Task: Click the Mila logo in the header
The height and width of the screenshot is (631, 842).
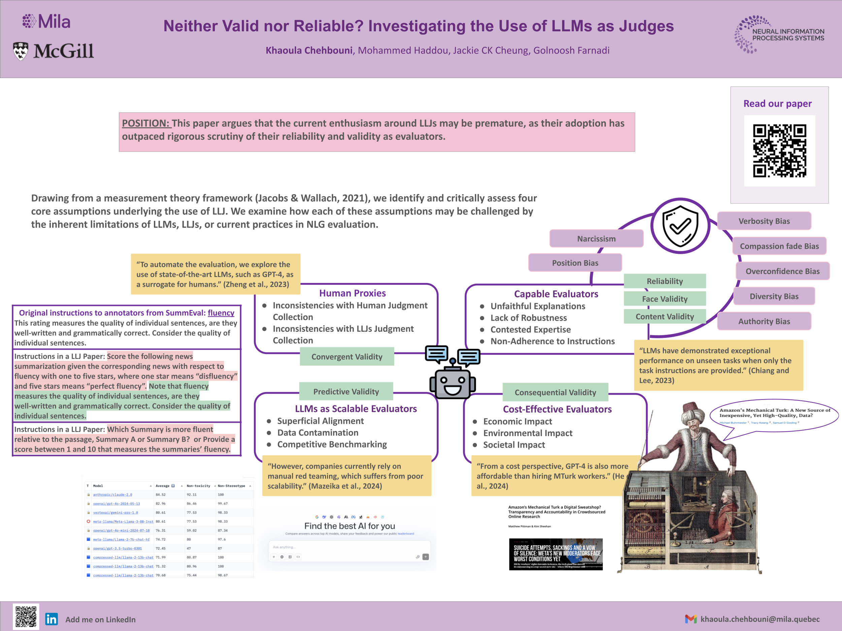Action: (x=46, y=22)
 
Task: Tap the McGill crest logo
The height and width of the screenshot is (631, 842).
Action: (x=21, y=51)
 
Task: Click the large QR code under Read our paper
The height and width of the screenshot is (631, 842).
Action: (x=779, y=151)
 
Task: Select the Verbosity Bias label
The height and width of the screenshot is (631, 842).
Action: (x=764, y=221)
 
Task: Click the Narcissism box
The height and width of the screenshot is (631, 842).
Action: (x=596, y=239)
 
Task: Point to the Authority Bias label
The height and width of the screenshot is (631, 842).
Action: (x=764, y=321)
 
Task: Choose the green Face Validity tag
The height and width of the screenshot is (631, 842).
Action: (x=664, y=299)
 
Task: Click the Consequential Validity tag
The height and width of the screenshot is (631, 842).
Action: (x=555, y=392)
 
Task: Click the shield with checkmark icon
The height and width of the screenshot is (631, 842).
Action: (x=680, y=226)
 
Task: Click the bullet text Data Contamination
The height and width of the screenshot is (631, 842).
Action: (x=318, y=433)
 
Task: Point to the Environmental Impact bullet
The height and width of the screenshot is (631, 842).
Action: (x=527, y=433)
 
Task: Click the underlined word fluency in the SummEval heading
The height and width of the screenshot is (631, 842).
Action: (x=221, y=313)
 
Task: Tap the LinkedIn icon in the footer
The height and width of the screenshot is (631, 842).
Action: (x=52, y=619)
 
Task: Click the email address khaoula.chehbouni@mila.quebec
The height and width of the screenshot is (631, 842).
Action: (x=760, y=619)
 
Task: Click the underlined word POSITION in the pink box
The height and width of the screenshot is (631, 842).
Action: (x=145, y=123)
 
